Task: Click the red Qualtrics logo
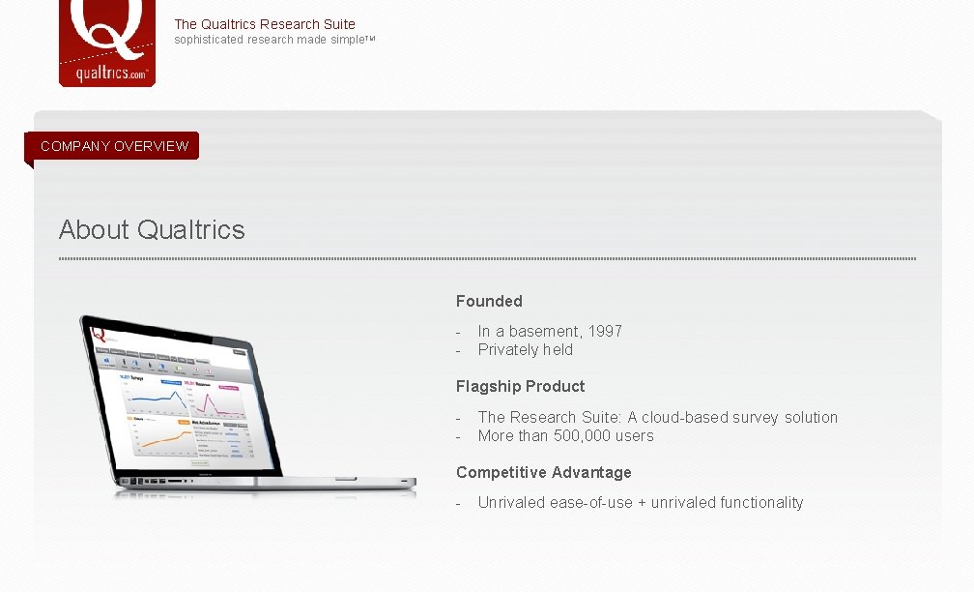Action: point(107,43)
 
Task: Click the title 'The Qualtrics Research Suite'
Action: point(265,24)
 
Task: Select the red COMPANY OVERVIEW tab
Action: point(114,146)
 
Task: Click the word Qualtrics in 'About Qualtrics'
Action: point(191,229)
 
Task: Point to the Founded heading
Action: point(489,302)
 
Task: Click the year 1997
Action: point(605,331)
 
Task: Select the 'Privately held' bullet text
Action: point(525,350)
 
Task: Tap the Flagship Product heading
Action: point(520,387)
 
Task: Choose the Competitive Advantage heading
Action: point(543,473)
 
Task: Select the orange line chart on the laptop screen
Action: point(157,438)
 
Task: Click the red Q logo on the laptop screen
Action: point(98,334)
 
